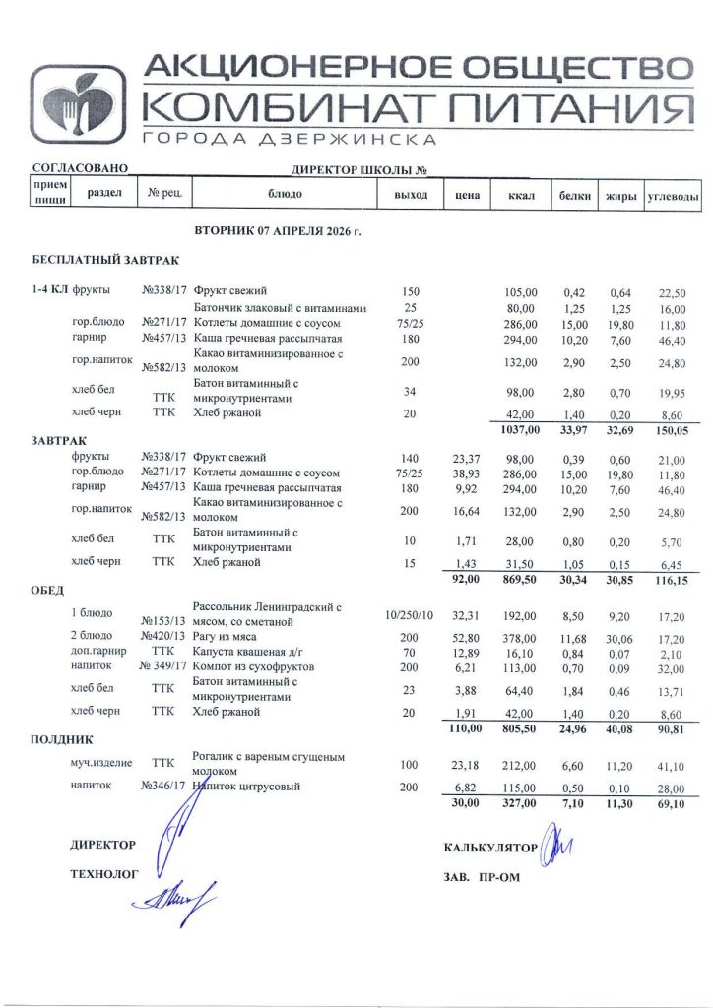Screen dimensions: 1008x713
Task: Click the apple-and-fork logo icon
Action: click(77, 104)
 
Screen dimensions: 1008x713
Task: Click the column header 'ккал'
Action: click(520, 195)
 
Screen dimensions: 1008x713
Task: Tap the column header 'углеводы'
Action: click(673, 196)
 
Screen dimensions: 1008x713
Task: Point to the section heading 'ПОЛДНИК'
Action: click(62, 737)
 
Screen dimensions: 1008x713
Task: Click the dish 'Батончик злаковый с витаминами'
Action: click(287, 308)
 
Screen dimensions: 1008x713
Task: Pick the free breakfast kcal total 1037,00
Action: click(519, 429)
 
